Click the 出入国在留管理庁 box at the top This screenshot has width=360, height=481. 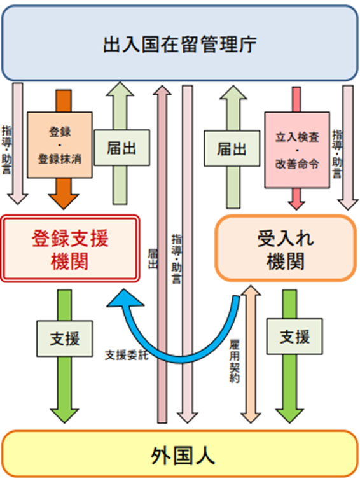click(180, 43)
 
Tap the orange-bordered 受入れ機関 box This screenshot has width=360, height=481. click(285, 248)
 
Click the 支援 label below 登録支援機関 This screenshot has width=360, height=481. click(66, 338)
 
